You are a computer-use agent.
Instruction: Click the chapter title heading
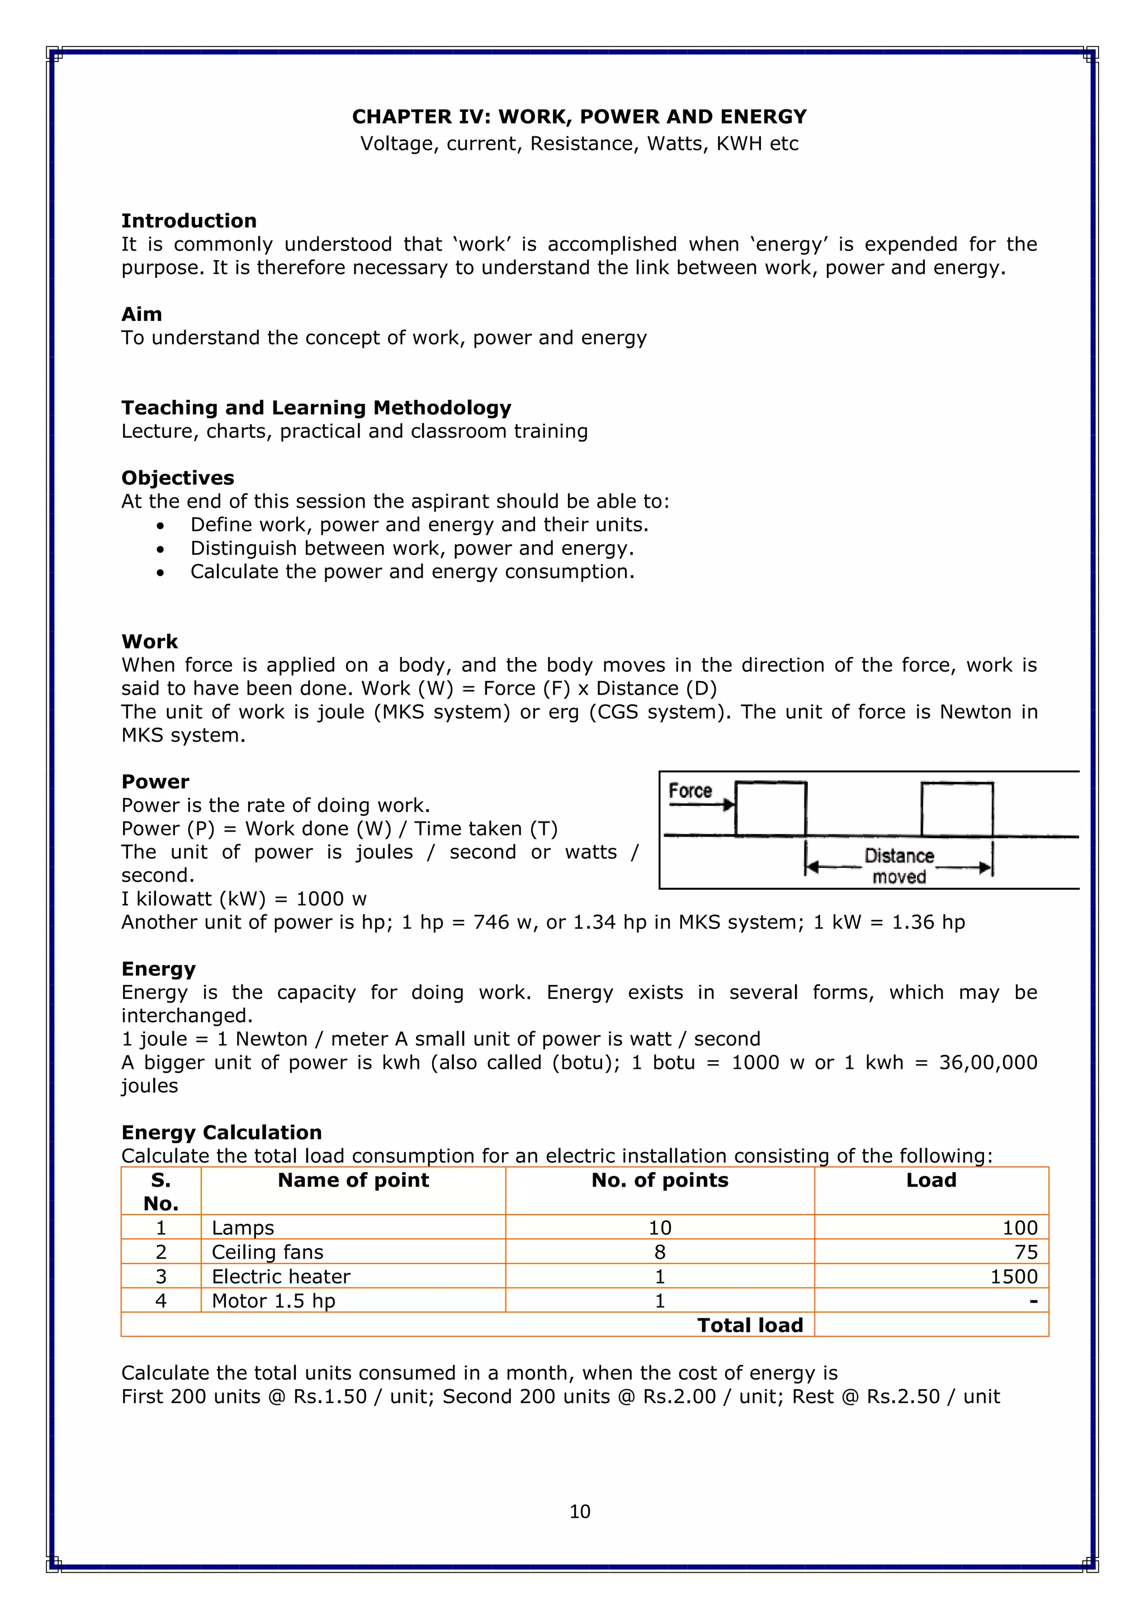pyautogui.click(x=579, y=116)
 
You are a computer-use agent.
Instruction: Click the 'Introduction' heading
pyautogui.click(x=188, y=221)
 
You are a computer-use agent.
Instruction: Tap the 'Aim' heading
pyautogui.click(x=141, y=314)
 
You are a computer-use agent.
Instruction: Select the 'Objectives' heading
pyautogui.click(x=177, y=478)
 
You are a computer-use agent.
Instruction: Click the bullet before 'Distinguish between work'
pyautogui.click(x=161, y=549)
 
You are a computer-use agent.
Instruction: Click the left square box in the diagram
pyautogui.click(x=770, y=809)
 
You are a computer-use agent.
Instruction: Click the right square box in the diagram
pyautogui.click(x=957, y=809)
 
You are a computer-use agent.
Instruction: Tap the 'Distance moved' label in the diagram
pyautogui.click(x=899, y=866)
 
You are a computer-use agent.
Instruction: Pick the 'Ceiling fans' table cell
pyautogui.click(x=267, y=1252)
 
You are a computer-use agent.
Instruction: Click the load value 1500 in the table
pyautogui.click(x=1013, y=1276)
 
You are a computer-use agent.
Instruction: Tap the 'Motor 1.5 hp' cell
pyautogui.click(x=273, y=1300)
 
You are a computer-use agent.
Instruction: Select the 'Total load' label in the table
pyautogui.click(x=750, y=1325)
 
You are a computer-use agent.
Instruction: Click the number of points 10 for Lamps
pyautogui.click(x=659, y=1228)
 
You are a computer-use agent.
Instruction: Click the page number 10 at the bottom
pyautogui.click(x=580, y=1511)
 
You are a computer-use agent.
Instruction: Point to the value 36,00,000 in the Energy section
pyautogui.click(x=988, y=1062)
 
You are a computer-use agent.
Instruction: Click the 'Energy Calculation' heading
pyautogui.click(x=221, y=1132)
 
